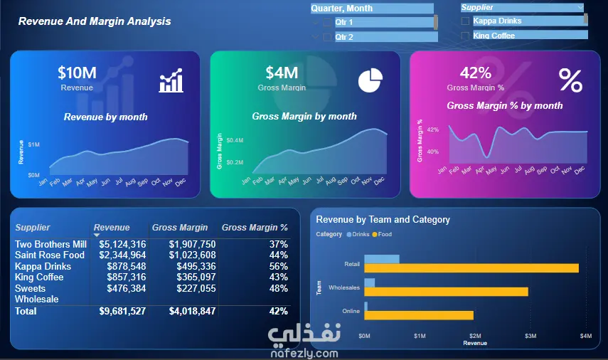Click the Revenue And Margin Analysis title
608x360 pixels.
click(95, 21)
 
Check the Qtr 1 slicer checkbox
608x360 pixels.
click(327, 22)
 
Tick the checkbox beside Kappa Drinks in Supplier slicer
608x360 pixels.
click(465, 21)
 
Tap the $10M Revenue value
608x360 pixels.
click(77, 73)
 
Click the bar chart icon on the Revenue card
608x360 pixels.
click(171, 81)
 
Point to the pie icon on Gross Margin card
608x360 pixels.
click(368, 80)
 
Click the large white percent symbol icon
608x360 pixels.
click(570, 80)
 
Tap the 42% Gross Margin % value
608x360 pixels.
click(476, 73)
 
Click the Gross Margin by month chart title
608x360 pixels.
click(304, 116)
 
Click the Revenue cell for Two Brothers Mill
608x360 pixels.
click(122, 244)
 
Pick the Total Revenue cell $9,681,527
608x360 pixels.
click(122, 311)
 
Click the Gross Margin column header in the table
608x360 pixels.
click(180, 228)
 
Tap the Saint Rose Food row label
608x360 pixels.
click(50, 255)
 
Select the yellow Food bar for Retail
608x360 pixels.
click(471, 268)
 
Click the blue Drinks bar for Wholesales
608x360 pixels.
click(369, 283)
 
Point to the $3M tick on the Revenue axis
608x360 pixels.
click(530, 335)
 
